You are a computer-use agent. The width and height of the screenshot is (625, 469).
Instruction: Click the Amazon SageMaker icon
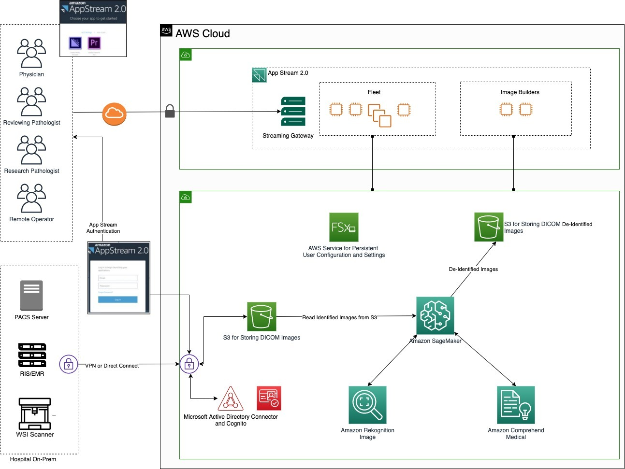(x=435, y=315)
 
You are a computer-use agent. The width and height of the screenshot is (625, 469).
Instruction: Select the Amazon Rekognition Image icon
(x=367, y=405)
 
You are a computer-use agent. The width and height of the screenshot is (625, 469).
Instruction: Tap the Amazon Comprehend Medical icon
(x=516, y=405)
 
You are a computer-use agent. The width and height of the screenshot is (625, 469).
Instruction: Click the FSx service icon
(x=344, y=227)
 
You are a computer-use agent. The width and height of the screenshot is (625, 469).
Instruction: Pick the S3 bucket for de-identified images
(x=489, y=227)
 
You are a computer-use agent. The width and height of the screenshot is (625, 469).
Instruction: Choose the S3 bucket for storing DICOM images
(x=262, y=316)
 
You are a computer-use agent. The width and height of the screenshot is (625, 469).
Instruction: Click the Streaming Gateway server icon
(x=293, y=112)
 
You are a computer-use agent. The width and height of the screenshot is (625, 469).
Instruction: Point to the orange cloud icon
(x=114, y=114)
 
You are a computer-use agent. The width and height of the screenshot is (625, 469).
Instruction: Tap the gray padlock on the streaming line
(x=170, y=111)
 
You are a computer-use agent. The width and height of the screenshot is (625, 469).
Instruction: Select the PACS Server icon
(x=31, y=295)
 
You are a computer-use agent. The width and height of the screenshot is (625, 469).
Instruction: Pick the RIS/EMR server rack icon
(x=32, y=355)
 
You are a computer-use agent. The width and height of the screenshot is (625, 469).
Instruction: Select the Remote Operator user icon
(x=31, y=198)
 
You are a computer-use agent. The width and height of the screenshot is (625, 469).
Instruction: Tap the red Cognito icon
(x=269, y=398)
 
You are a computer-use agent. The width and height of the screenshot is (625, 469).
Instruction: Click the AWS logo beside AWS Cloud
(x=166, y=30)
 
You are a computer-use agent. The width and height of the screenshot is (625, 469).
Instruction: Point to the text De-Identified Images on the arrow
(x=473, y=269)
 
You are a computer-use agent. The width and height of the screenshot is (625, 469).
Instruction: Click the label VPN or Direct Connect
(x=112, y=366)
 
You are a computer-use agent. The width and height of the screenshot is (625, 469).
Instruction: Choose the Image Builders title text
(x=520, y=92)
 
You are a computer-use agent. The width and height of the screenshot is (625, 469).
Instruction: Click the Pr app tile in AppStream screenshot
(x=94, y=43)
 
